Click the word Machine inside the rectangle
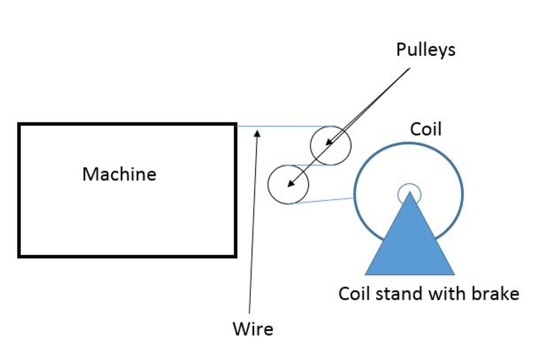(119, 174)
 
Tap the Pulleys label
(426, 50)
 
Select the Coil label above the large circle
(426, 129)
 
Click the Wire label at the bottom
(253, 329)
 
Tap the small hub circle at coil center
(410, 192)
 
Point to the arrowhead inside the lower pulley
(289, 184)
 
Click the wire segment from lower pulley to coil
(324, 201)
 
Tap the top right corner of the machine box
(235, 125)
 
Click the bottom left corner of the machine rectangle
(20, 256)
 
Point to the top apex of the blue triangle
(410, 193)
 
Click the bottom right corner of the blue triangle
(454, 274)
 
